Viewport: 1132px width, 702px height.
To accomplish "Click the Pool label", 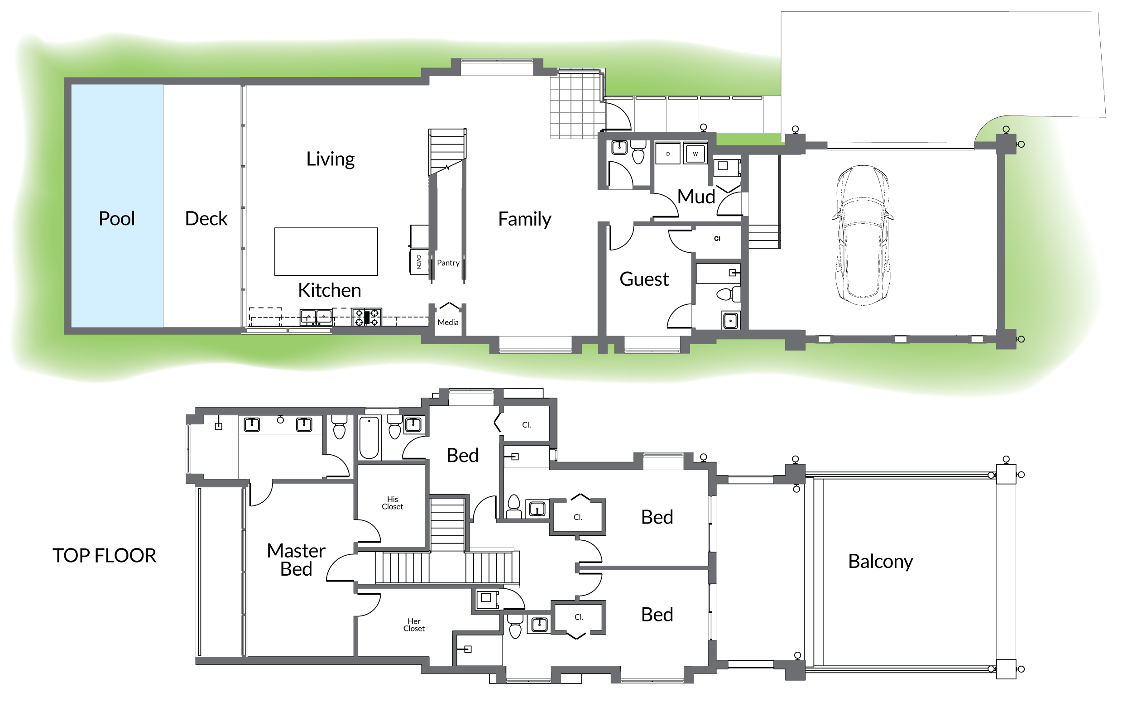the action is click(116, 218).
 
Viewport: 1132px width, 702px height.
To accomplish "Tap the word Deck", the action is click(206, 218).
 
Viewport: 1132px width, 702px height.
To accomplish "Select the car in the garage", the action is click(862, 235).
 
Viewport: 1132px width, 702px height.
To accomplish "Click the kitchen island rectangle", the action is click(326, 251).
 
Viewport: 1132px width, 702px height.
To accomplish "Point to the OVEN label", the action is click(419, 261).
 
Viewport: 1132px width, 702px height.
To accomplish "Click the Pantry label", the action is click(448, 263).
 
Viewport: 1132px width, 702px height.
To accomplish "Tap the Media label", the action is click(448, 322).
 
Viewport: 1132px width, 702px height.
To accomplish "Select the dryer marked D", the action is click(667, 154).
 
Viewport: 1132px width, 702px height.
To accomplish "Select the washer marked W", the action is click(695, 154).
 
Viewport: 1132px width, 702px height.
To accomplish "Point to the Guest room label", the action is click(644, 279).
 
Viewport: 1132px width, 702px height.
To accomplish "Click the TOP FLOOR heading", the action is click(105, 555).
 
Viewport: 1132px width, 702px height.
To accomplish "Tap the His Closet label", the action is click(392, 503).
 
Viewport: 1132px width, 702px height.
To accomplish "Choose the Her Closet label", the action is click(413, 625).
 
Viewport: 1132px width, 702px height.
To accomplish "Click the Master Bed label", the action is click(296, 559).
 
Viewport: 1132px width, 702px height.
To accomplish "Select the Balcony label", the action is click(880, 561).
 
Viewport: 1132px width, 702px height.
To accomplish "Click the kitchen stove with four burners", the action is click(367, 317).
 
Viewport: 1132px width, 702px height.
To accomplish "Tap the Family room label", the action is click(524, 219).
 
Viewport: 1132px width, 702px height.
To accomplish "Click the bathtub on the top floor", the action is click(369, 438).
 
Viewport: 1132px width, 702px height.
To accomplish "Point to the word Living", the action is click(331, 159).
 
